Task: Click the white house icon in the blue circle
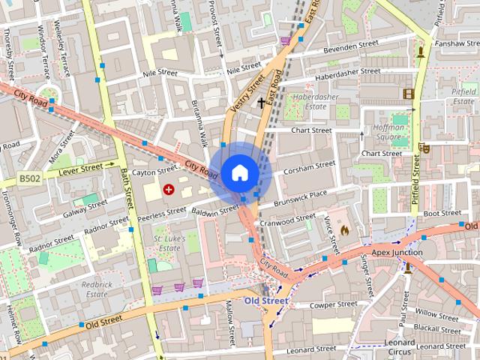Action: [239, 172]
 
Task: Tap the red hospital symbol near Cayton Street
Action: [169, 190]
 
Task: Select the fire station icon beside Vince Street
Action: [344, 229]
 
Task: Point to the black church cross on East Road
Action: [262, 102]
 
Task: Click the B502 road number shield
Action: [29, 178]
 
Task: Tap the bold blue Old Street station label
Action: [265, 301]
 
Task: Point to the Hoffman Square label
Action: [389, 132]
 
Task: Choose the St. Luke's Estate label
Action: [168, 243]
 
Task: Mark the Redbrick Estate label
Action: [97, 289]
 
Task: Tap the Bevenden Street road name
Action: [352, 46]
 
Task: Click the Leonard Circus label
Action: [399, 346]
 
